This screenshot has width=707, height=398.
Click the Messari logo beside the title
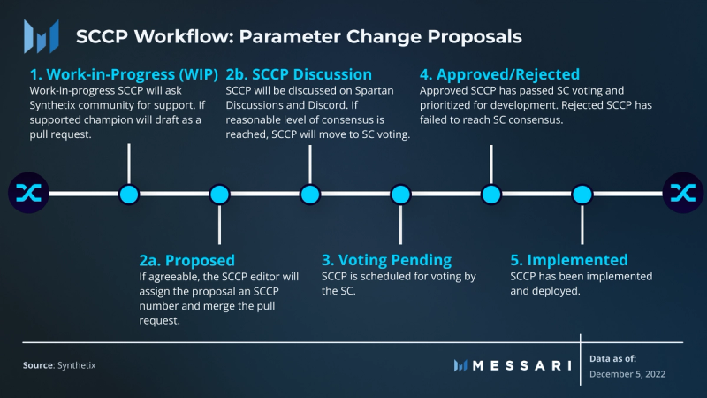coord(42,36)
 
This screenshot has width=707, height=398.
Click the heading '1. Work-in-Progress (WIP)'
coord(124,74)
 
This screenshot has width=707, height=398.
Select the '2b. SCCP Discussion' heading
coord(299,74)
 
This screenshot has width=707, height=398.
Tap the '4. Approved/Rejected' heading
coord(499,74)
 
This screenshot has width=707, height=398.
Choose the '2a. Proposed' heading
coord(187,260)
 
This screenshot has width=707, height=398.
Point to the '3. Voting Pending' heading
coord(386,260)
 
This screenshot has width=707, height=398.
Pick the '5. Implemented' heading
coord(569,260)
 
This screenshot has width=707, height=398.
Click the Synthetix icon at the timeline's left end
coord(29,193)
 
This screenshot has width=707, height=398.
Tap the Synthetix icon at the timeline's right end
coord(683,193)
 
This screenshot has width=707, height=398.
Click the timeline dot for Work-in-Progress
coord(129,195)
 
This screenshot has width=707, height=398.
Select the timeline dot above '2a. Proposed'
coord(219,195)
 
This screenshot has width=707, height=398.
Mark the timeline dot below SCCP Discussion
coord(310,195)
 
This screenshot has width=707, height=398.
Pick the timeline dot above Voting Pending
coord(401,195)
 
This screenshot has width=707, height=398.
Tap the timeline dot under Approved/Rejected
coord(491,195)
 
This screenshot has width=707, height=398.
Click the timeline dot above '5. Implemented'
coord(582,195)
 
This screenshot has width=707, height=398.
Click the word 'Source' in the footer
coord(39,365)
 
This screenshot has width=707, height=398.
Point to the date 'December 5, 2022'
coord(627,374)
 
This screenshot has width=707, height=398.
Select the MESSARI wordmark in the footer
coord(522,365)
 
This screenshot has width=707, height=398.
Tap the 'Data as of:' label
coord(612,359)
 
